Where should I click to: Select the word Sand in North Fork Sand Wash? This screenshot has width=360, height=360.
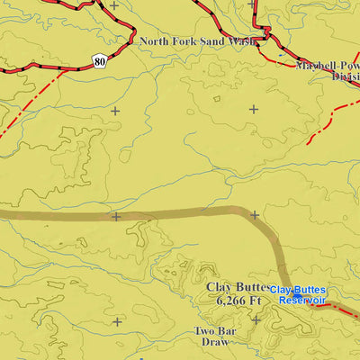point(213,41)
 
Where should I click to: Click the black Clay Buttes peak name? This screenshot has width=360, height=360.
point(238,287)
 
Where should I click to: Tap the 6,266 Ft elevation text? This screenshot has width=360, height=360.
point(238,301)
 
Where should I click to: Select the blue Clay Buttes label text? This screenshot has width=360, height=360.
point(298,290)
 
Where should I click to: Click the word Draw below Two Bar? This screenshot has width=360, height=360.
point(213,343)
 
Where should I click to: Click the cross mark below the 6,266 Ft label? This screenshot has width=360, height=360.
point(255,319)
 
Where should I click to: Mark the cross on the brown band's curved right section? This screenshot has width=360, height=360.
point(255,215)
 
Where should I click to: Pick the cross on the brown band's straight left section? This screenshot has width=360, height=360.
point(115,216)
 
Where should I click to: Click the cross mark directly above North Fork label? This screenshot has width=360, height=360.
point(115,5)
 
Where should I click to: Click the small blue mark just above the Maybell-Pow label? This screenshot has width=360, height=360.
point(281,56)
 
